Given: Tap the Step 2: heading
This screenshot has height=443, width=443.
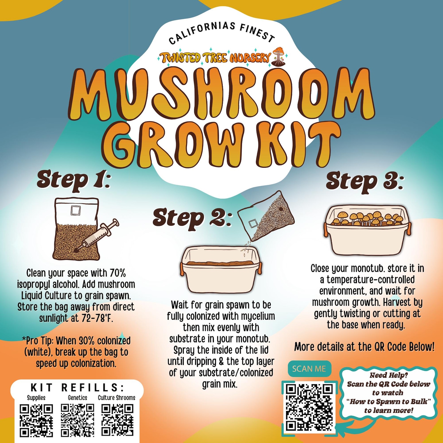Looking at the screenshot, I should pos(192,218).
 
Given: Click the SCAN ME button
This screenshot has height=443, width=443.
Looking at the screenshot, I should pos(309,369).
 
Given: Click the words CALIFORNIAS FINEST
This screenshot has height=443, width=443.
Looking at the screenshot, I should pos(222,32).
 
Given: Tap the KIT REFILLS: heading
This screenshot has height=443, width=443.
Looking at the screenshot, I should pos(78,388).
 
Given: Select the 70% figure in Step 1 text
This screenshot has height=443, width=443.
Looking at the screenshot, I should pos(118,273).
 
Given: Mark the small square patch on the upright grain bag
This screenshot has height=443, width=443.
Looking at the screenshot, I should pos(75,210).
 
